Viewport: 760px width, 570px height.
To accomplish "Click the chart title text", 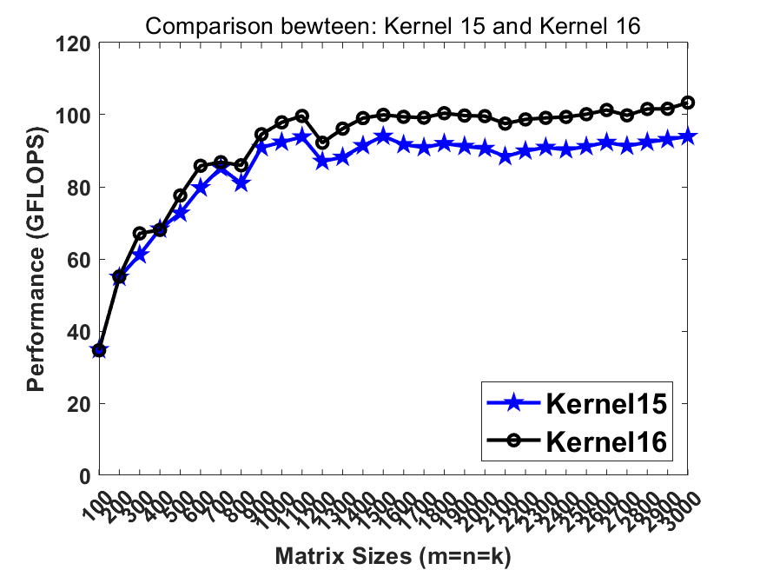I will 393,26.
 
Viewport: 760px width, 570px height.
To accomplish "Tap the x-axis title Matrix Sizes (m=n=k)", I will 393,555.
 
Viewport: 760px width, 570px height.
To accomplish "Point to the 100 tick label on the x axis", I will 93,499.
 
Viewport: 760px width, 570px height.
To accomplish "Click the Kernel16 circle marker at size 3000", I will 688,103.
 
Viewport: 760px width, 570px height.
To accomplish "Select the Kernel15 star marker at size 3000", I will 688,136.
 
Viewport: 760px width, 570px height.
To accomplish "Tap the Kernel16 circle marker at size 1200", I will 322,142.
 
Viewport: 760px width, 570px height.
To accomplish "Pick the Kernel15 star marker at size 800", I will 241,183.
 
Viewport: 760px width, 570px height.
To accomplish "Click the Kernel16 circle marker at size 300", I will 140,234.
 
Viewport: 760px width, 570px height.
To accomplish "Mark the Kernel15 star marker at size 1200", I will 322,161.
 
